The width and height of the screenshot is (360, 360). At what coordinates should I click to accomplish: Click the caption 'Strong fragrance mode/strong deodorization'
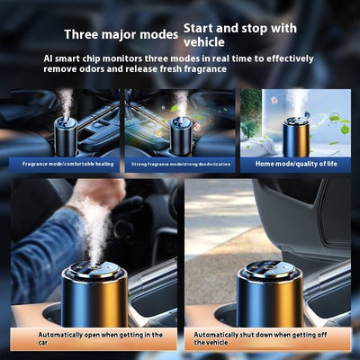pyautogui.click(x=180, y=164)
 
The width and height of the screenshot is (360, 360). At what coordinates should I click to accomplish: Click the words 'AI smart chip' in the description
pyautogui.click(x=75, y=58)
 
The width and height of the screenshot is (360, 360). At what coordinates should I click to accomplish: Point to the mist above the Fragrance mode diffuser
pyautogui.click(x=66, y=102)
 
